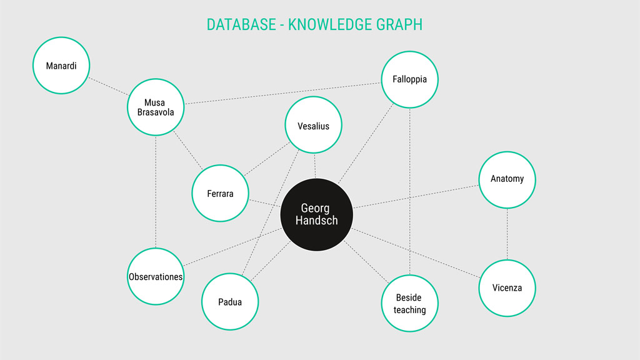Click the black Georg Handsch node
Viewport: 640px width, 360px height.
click(316, 215)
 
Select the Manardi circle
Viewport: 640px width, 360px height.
click(61, 65)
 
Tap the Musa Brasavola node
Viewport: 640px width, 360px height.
click(156, 107)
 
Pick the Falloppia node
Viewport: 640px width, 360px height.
click(410, 79)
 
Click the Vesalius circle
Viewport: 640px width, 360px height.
click(314, 125)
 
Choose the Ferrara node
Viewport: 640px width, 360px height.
click(221, 193)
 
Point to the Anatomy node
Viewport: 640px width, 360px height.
click(507, 179)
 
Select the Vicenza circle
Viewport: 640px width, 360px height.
click(507, 288)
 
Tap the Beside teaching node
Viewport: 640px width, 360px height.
click(410, 303)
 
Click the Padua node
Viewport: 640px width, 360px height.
click(230, 302)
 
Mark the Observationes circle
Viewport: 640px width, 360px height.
click(156, 276)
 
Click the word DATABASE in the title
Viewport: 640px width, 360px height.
click(241, 25)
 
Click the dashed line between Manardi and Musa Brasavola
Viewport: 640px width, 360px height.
click(109, 86)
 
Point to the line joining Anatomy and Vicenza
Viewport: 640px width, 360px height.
click(507, 234)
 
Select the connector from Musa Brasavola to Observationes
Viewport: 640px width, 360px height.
click(156, 192)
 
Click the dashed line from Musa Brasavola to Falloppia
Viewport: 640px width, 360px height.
click(282, 93)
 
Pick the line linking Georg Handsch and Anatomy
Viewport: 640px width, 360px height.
click(416, 197)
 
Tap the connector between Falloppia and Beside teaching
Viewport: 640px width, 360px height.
click(410, 191)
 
